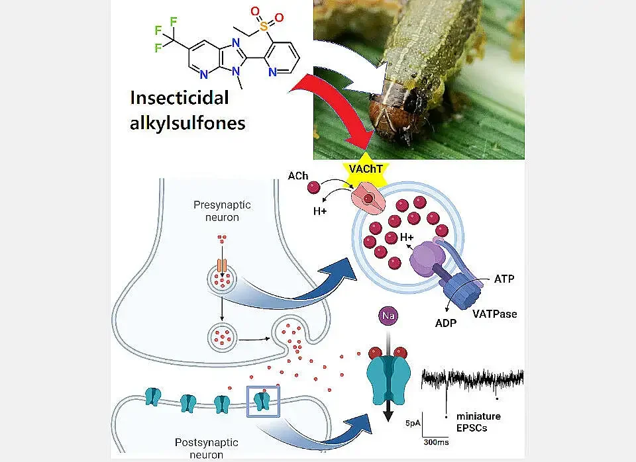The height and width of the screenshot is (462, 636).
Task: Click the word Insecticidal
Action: click(179, 97)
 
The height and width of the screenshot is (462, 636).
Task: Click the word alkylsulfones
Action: click(188, 122)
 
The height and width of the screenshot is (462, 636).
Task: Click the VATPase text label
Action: click(495, 313)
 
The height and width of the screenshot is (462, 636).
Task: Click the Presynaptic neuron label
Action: click(223, 210)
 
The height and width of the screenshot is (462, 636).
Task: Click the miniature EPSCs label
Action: click(478, 421)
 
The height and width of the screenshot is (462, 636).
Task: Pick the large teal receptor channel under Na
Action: click(388, 375)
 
